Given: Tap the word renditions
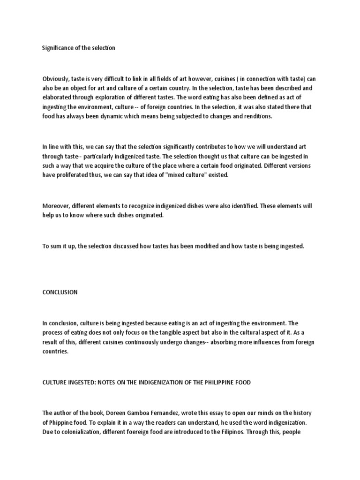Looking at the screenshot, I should (x=257, y=116).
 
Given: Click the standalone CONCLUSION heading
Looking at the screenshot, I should (x=60, y=292).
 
